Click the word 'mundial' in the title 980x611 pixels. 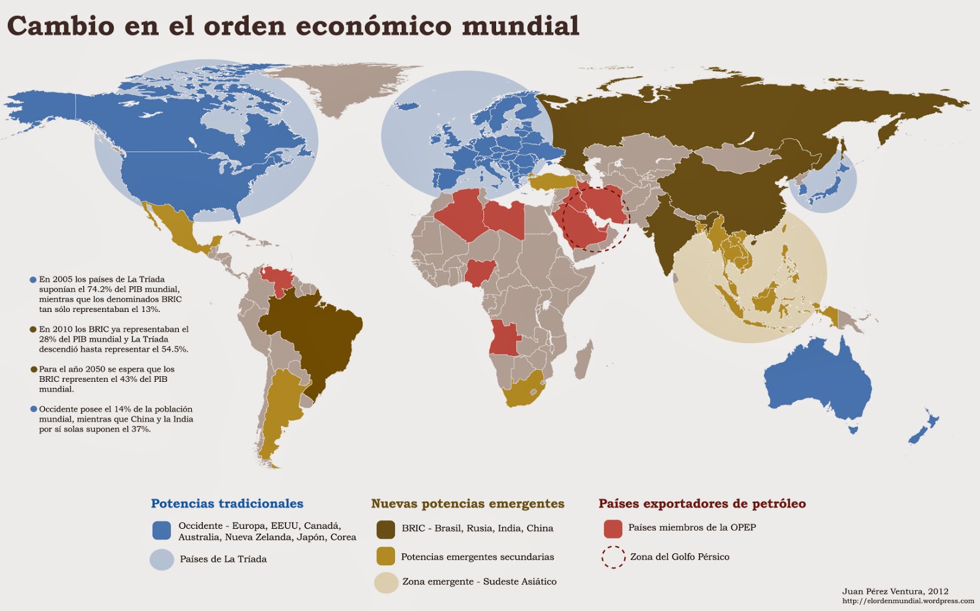pyautogui.click(x=520, y=26)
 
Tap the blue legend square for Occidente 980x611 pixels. pyautogui.click(x=162, y=531)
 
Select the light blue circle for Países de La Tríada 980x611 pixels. pyautogui.click(x=162, y=560)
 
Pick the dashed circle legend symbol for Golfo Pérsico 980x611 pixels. pyautogui.click(x=612, y=557)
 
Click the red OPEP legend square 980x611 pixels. pyautogui.click(x=612, y=528)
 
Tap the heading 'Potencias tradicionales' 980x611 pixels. pyautogui.click(x=227, y=504)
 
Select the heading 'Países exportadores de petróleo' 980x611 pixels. pyautogui.click(x=702, y=504)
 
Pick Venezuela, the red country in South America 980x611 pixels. pyautogui.click(x=277, y=279)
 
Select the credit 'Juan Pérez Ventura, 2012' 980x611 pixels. pyautogui.click(x=895, y=591)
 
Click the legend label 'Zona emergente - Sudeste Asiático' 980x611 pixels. pyautogui.click(x=479, y=582)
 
